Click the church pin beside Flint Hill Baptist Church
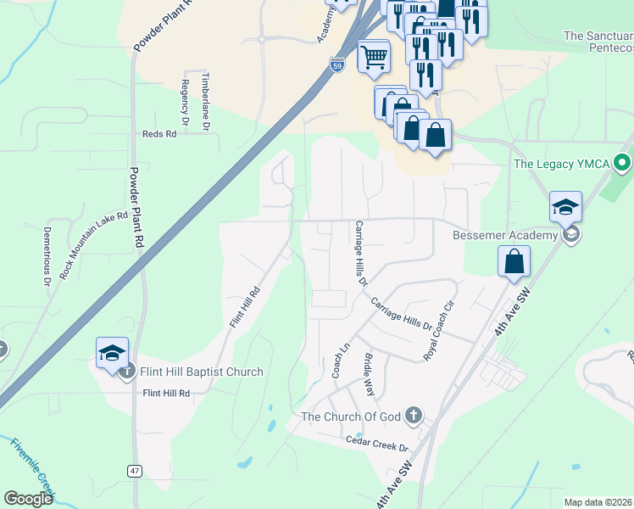[128, 372]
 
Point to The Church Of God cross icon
[413, 416]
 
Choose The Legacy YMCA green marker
[623, 161]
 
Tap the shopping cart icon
[374, 57]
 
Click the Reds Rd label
[159, 134]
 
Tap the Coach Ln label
[341, 361]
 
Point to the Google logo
[28, 499]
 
